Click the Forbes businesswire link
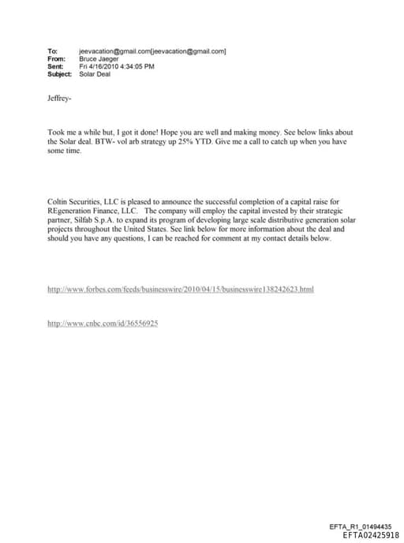[181, 290]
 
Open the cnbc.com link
[103, 324]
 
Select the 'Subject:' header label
[60, 74]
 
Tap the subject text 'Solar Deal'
[95, 74]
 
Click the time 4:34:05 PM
[137, 66]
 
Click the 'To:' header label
[53, 51]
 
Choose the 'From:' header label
[56, 58]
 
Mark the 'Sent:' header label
[55, 66]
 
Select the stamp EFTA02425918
[371, 534]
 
